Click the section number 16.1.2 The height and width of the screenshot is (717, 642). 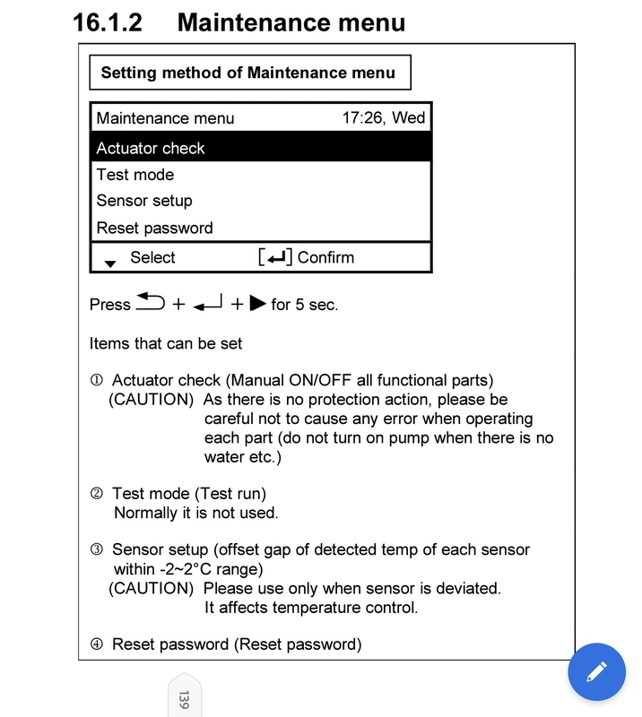click(x=108, y=22)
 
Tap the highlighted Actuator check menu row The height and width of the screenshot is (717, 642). click(x=260, y=149)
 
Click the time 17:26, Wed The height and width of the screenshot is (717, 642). click(x=384, y=117)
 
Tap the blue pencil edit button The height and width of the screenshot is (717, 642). click(x=597, y=671)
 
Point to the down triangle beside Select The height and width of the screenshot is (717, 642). click(x=110, y=263)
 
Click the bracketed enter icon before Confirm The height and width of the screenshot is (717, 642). click(x=275, y=258)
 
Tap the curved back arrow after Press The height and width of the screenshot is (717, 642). click(x=151, y=303)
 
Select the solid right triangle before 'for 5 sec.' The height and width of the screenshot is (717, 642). click(x=257, y=304)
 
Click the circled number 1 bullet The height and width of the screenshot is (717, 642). click(x=97, y=381)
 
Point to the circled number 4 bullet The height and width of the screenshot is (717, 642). click(x=97, y=644)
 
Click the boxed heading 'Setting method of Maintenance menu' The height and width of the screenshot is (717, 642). click(x=248, y=73)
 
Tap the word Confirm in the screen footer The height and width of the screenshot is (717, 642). click(x=325, y=258)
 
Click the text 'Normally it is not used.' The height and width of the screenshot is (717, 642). click(x=196, y=514)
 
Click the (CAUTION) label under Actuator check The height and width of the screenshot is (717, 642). click(x=151, y=400)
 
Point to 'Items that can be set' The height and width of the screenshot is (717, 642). click(x=166, y=343)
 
